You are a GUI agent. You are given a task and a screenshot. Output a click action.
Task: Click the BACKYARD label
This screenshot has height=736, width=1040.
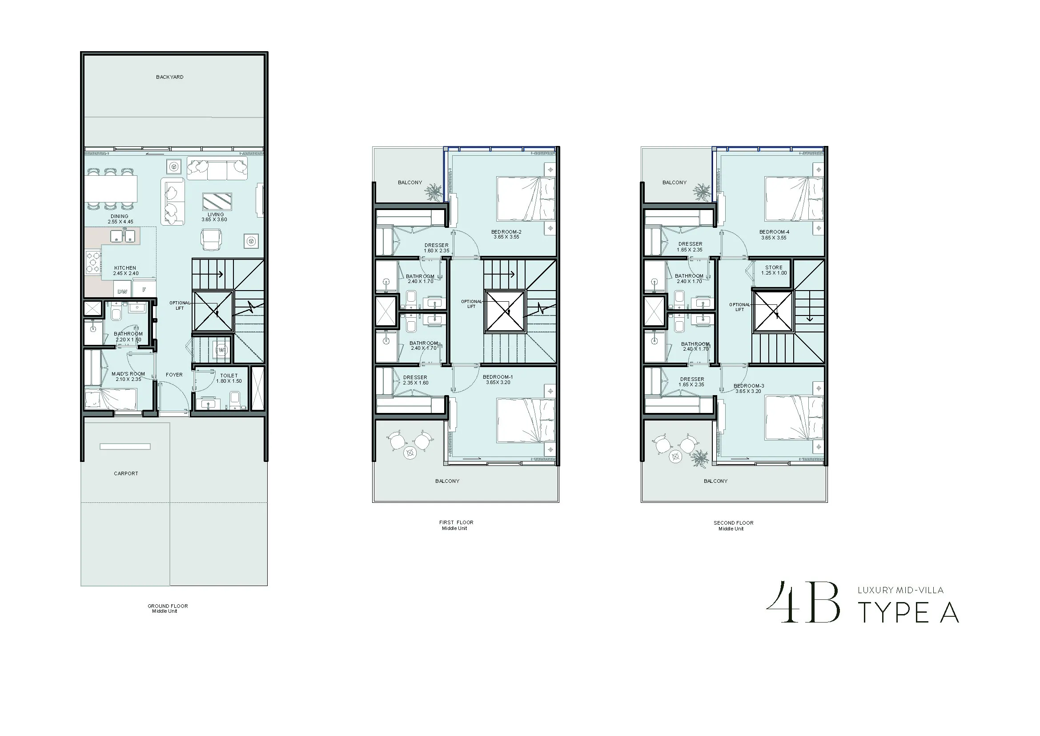click(170, 77)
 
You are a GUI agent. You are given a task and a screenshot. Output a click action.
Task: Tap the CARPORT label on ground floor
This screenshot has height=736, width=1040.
click(126, 473)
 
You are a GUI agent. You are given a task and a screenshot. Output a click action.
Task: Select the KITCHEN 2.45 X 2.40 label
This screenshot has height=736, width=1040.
click(125, 271)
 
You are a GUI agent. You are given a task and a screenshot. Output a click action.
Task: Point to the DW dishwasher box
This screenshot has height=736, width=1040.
click(122, 291)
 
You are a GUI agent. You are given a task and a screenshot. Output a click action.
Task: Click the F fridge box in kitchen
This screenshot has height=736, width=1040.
click(145, 290)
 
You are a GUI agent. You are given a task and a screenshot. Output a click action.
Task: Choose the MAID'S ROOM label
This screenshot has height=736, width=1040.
click(128, 374)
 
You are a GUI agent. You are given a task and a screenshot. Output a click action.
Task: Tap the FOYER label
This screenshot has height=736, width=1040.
click(174, 375)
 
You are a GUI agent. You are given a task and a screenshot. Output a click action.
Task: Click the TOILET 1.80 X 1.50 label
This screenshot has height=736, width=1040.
click(229, 378)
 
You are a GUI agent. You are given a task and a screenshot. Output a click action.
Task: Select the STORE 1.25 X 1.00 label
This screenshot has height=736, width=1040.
click(774, 270)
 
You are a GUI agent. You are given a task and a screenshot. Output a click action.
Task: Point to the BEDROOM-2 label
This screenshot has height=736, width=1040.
click(506, 232)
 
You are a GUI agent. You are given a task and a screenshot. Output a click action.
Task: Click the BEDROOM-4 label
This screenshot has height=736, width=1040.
click(775, 232)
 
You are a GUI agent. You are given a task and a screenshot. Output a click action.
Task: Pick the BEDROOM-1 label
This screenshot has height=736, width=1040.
click(498, 377)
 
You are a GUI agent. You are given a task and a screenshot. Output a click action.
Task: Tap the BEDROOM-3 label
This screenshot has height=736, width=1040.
click(749, 386)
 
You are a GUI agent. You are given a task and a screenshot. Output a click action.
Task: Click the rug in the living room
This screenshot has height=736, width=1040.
click(217, 201)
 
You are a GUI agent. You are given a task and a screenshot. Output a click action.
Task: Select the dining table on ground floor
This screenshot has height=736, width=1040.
click(111, 189)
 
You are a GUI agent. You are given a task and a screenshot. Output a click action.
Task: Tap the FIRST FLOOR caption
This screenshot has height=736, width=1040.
click(456, 522)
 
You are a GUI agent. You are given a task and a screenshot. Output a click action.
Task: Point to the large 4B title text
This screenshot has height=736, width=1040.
click(803, 603)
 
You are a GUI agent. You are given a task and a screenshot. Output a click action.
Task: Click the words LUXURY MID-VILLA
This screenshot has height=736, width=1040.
click(900, 590)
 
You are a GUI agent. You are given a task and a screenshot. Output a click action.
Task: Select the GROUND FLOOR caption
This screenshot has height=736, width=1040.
click(168, 606)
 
